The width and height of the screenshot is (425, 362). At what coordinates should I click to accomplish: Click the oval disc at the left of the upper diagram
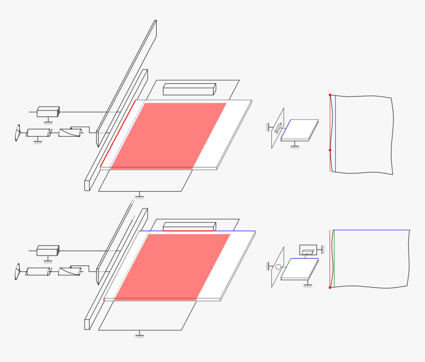tap(18, 133)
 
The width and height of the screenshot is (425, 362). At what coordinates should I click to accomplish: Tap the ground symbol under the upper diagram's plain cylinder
tap(38, 142)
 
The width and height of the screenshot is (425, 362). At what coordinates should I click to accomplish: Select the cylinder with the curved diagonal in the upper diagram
tap(70, 133)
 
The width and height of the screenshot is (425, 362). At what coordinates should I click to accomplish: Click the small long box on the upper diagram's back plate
tap(189, 89)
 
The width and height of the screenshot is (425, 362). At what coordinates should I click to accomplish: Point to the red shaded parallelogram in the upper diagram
tap(168, 135)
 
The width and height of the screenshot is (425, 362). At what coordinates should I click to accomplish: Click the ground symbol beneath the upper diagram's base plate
tap(139, 197)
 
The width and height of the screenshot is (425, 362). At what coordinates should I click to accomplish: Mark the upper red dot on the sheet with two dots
tap(330, 95)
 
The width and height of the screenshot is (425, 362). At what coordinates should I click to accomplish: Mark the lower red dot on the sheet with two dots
tap(330, 150)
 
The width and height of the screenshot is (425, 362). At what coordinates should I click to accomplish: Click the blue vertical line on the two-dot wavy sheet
tap(336, 134)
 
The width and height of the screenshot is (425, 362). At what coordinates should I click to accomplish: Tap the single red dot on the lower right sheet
tap(330, 287)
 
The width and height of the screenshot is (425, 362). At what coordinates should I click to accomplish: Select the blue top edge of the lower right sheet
tap(371, 230)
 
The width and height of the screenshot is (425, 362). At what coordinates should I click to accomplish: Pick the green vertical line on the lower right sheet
tap(334, 259)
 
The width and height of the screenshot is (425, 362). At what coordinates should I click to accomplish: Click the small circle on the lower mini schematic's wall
tap(278, 267)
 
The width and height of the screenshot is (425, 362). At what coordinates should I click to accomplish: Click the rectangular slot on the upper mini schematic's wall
tap(278, 128)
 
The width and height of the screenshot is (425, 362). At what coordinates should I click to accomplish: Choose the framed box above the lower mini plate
tap(308, 250)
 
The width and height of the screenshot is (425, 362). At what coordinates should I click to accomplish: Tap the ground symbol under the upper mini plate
tap(295, 147)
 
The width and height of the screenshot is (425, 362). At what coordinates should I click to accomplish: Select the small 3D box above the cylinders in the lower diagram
tap(48, 251)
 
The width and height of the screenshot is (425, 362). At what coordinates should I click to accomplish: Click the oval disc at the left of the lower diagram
tap(18, 271)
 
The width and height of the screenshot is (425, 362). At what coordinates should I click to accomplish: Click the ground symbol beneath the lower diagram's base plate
tap(139, 335)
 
